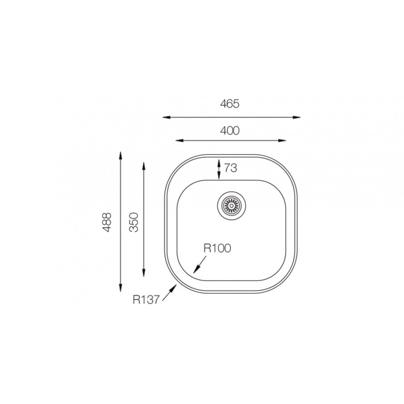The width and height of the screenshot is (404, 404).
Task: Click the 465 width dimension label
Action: point(230,103)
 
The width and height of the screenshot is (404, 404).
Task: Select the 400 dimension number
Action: point(230,130)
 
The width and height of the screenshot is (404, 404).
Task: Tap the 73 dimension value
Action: point(230,168)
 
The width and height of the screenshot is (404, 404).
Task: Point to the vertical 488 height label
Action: point(107,222)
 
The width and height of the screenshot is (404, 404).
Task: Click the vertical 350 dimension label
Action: point(134,222)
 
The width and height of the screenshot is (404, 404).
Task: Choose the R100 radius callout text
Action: point(217,248)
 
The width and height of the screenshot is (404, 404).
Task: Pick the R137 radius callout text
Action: point(146,299)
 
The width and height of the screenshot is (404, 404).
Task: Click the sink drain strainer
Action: point(231,205)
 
